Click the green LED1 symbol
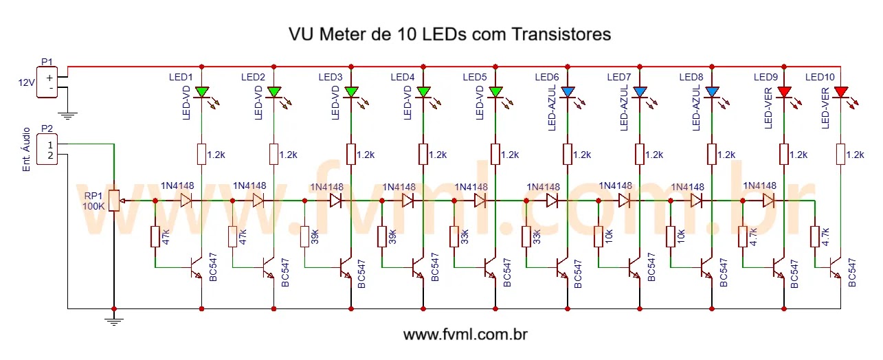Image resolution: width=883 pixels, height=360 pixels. point(201,91)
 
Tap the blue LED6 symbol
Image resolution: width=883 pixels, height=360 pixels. point(568,91)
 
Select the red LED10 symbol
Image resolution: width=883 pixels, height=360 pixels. point(840,91)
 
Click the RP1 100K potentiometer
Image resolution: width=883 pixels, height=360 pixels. point(114,201)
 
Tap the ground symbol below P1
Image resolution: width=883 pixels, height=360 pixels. point(67,115)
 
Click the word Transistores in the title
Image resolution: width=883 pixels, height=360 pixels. point(561,34)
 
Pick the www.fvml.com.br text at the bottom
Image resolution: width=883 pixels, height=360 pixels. point(465,335)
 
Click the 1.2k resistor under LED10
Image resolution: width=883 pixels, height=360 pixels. point(840,154)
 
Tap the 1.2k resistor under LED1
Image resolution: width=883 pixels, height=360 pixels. point(201,154)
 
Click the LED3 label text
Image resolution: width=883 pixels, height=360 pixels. point(331,76)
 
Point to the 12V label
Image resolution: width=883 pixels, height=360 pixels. point(26,83)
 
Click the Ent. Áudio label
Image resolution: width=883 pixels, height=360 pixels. point(26,149)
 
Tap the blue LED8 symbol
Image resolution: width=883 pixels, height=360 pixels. point(712,91)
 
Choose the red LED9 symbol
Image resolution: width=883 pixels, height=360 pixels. point(784,91)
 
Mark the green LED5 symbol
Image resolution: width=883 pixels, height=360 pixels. point(495,91)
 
